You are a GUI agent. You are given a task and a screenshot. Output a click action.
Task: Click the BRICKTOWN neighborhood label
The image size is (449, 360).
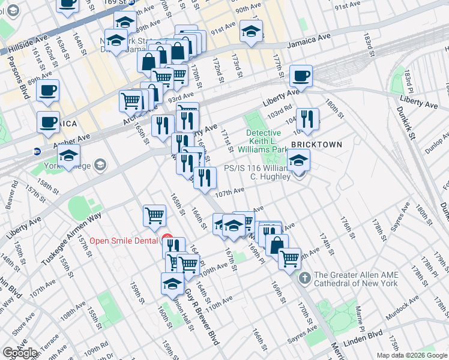tap(316, 145)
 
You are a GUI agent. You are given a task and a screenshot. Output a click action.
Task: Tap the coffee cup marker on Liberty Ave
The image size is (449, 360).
tap(301, 77)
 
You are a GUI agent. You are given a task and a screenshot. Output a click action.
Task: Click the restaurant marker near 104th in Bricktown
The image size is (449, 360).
tap(307, 119)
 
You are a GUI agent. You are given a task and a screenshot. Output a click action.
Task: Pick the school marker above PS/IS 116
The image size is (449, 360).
tap(298, 160)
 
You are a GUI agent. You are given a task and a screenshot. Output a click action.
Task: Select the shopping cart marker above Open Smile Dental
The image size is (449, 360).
tap(154, 216)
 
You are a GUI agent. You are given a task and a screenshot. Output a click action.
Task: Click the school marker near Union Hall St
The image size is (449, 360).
tap(172, 284)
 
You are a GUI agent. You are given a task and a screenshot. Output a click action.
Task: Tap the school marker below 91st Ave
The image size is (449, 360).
tap(250, 31)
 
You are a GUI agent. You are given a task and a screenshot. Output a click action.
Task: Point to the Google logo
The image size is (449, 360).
tap(20, 353)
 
